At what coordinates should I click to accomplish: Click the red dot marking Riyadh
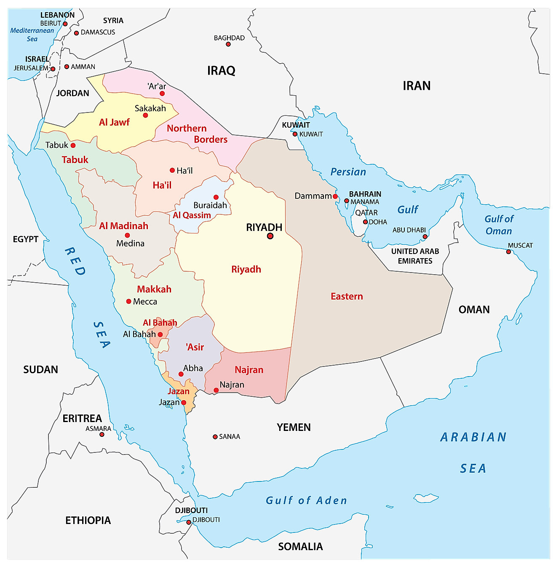[270, 236]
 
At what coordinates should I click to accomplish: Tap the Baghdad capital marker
[228, 44]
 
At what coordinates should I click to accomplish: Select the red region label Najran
[249, 370]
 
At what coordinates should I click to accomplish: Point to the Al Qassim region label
[192, 215]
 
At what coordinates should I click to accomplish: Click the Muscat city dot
[508, 252]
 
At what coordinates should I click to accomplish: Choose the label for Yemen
[294, 427]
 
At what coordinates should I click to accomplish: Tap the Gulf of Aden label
[306, 500]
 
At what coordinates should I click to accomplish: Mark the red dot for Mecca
[129, 301]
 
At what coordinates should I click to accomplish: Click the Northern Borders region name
[197, 134]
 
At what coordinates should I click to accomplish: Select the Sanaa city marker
[215, 437]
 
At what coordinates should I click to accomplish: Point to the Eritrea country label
[82, 418]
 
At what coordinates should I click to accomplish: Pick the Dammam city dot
[335, 196]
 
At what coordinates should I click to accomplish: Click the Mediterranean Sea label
[32, 35]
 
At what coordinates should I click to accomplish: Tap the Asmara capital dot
[102, 434]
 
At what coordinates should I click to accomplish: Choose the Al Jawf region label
[114, 122]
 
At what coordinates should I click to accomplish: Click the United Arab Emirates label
[415, 256]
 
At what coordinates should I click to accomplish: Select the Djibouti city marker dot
[189, 522]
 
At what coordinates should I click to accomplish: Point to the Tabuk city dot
[73, 145]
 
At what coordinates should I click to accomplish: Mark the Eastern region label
[347, 297]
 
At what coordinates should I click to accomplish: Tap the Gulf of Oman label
[499, 225]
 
